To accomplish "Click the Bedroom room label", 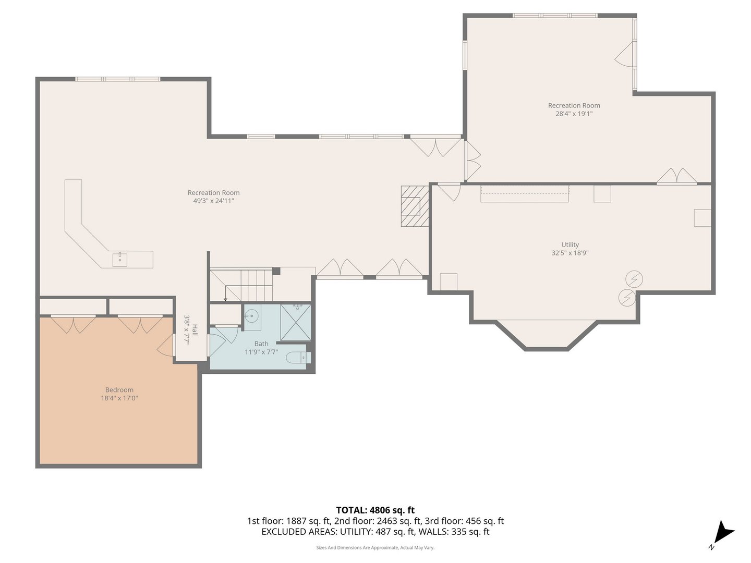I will tap(119, 390).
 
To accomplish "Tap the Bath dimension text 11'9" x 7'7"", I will tap(261, 352).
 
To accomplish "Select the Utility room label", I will tap(570, 244).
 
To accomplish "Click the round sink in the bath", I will tap(252, 316).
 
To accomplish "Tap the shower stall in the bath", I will tap(295, 322).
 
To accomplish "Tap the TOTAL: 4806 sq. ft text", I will tap(375, 510).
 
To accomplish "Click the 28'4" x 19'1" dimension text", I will tap(574, 114).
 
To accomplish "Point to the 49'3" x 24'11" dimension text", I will tap(213, 201).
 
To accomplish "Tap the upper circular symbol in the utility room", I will tap(634, 279).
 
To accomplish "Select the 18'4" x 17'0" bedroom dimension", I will tap(119, 398).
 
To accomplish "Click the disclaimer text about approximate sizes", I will tap(375, 547).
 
